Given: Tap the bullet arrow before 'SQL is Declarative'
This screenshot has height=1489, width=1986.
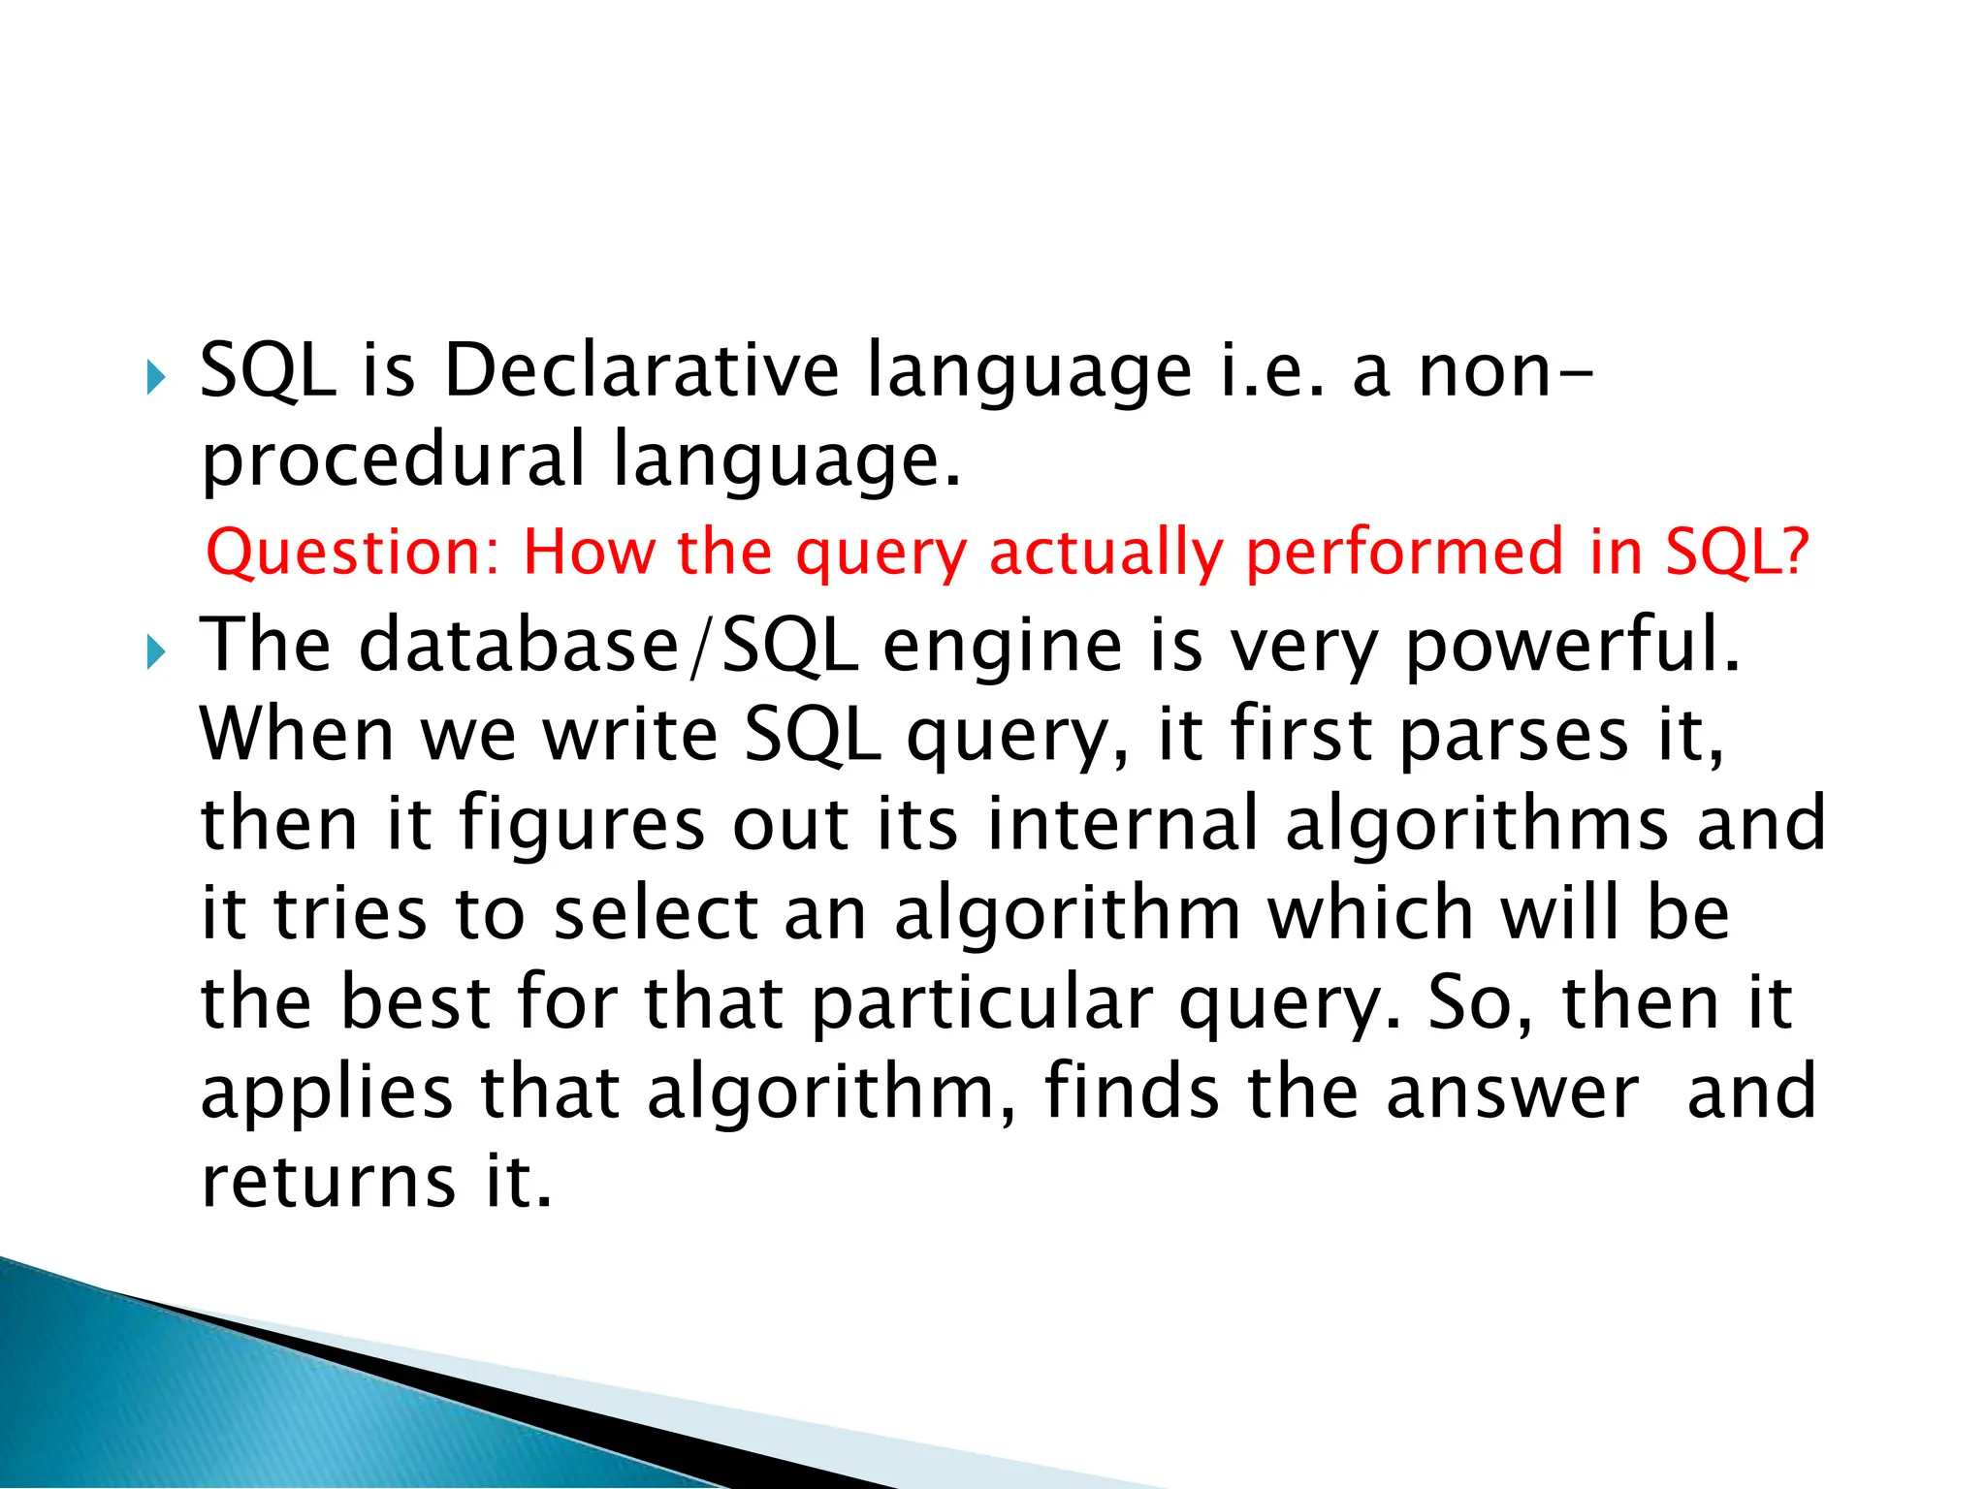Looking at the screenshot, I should click(x=156, y=377).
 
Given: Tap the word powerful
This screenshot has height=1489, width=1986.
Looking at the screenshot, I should click(x=1571, y=647).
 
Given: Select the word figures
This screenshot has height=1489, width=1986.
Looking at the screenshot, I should click(x=581, y=825).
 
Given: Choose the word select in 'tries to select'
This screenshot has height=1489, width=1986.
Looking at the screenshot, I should click(x=656, y=913).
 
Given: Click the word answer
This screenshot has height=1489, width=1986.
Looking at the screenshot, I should click(x=1512, y=1093).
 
